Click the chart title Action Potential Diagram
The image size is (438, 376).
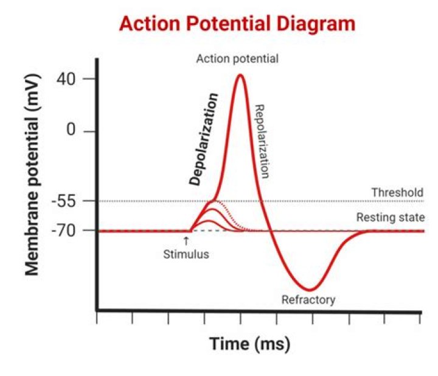coord(237,24)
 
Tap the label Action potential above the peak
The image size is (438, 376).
coord(237,59)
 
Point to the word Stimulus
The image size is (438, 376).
coord(186,254)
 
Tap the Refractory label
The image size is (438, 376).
coord(308,299)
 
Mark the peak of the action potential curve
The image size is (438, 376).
coord(240,75)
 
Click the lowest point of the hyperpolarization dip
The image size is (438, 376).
coord(310,290)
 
